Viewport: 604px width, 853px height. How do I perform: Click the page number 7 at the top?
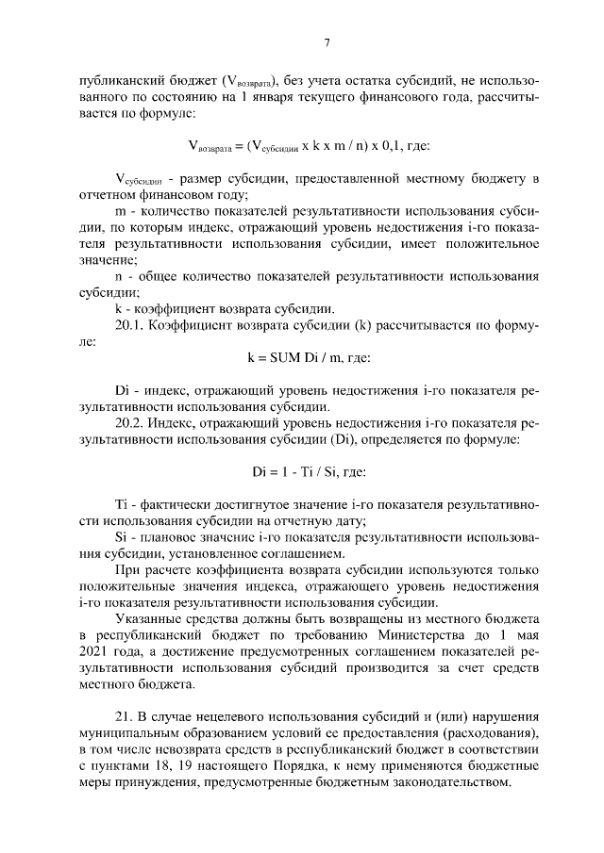pos(326,42)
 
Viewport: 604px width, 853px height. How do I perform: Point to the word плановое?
pos(168,537)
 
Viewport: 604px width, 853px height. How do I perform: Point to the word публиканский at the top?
pos(119,81)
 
